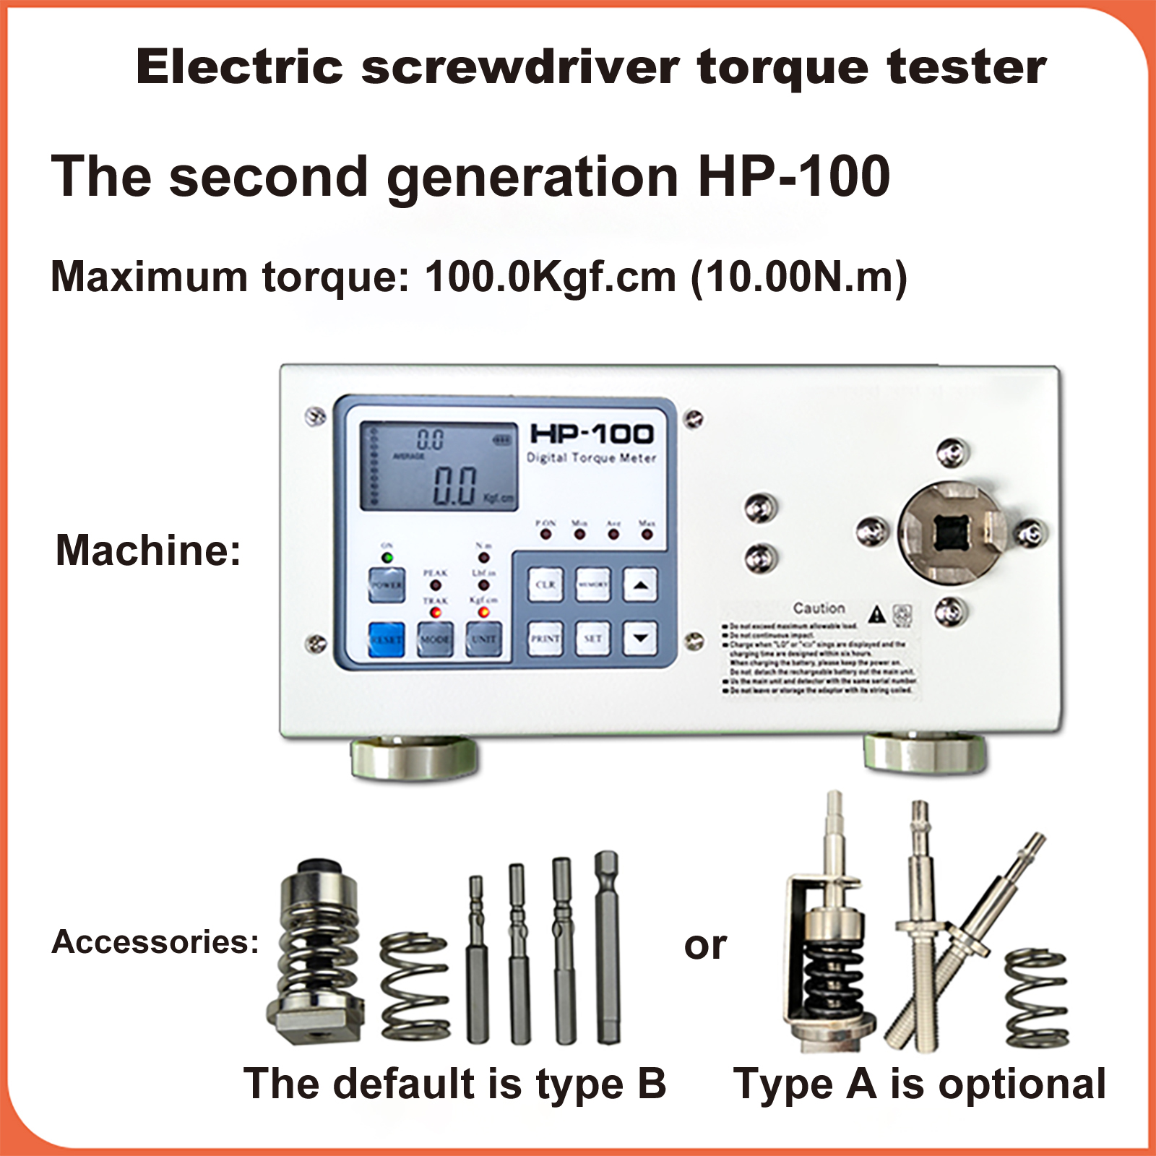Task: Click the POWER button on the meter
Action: click(387, 585)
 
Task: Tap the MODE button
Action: click(435, 639)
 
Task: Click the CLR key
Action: click(545, 585)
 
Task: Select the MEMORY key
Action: click(592, 585)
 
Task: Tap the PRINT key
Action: click(545, 639)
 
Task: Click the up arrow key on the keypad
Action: click(640, 585)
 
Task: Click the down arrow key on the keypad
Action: click(640, 639)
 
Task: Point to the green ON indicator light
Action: click(387, 558)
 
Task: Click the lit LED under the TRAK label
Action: click(436, 613)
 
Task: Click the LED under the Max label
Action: click(647, 535)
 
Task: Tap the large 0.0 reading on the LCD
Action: click(454, 485)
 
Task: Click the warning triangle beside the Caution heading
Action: click(877, 614)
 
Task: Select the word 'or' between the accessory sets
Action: click(705, 946)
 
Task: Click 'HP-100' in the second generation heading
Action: click(794, 176)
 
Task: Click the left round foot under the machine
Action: click(414, 758)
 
